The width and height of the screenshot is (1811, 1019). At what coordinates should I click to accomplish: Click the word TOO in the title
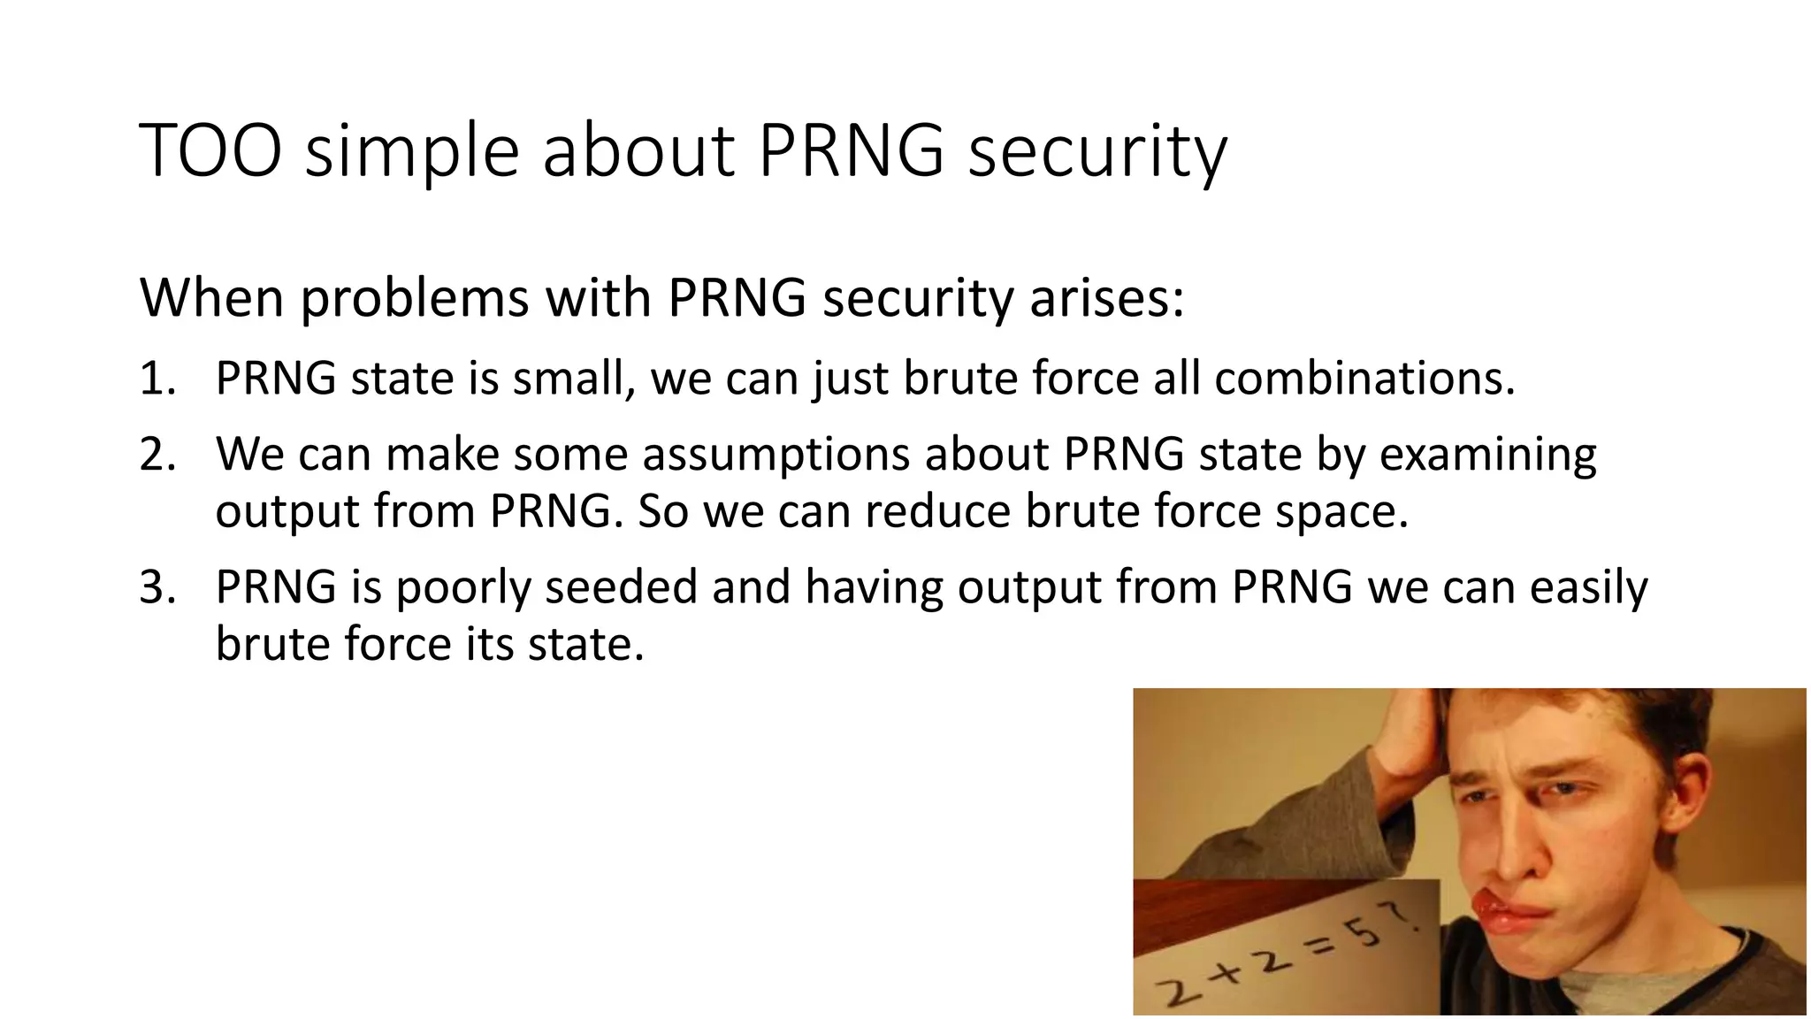pos(210,151)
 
